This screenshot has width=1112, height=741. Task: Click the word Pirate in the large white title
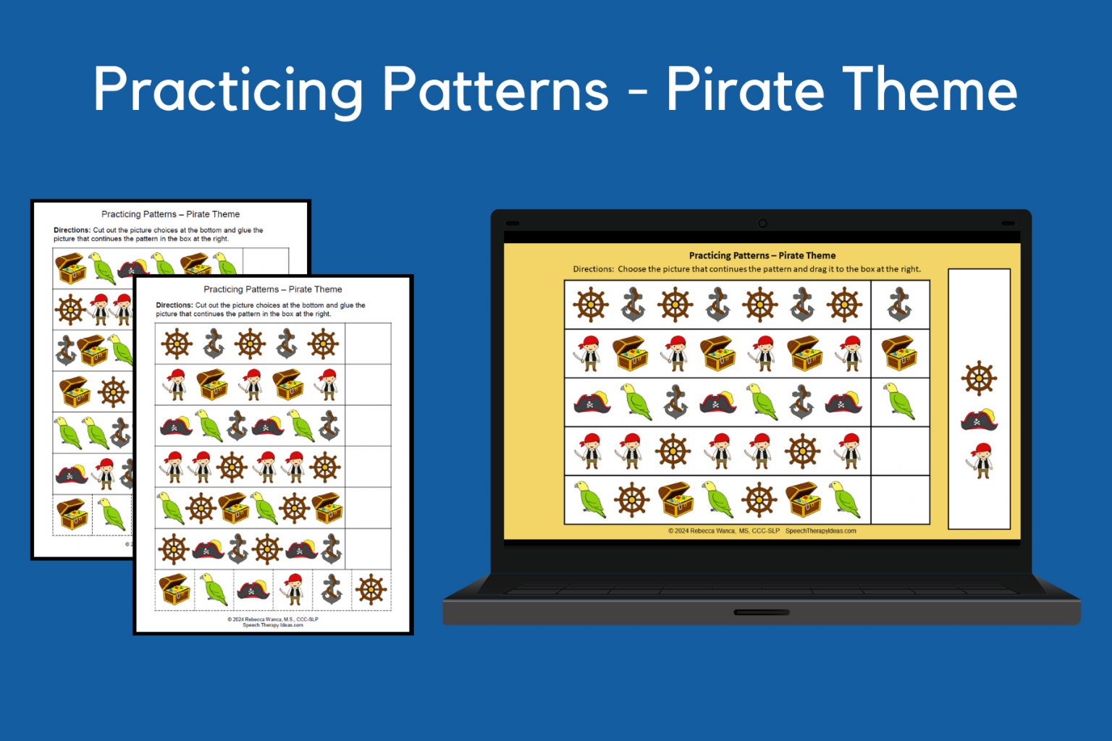744,90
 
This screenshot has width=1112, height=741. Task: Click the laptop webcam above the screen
762,224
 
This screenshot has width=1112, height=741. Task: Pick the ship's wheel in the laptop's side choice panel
979,378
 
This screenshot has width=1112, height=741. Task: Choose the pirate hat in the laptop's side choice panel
979,420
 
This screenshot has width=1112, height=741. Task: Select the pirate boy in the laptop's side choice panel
981,460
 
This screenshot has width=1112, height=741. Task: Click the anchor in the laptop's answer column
899,305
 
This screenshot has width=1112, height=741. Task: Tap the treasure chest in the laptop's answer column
899,353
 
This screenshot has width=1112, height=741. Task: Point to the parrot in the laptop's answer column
899,401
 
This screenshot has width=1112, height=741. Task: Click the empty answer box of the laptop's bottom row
900,499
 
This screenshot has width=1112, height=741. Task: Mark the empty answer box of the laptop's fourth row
900,451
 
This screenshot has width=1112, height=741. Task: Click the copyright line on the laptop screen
762,531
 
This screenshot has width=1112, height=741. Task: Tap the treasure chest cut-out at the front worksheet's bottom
174,589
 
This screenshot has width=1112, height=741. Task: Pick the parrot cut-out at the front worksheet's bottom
214,589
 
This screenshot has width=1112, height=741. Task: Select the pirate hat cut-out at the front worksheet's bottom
253,589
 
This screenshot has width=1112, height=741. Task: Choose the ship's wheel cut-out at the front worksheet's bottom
371,589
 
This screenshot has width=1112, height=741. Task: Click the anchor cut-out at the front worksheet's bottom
332,589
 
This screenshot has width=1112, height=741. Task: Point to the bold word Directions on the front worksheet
174,305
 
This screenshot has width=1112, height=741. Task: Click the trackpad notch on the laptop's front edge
762,612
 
